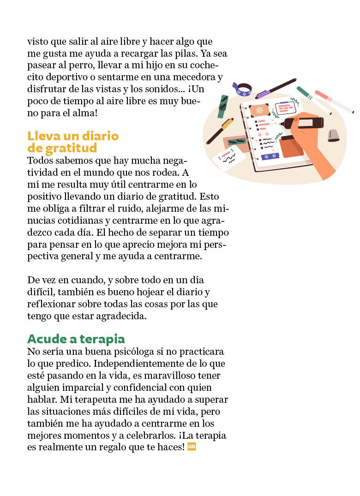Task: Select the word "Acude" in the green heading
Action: click(x=46, y=339)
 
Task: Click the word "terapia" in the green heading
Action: click(x=102, y=339)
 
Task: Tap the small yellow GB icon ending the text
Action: click(x=192, y=447)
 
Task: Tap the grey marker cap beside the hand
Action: click(x=333, y=135)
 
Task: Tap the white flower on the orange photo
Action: click(x=259, y=110)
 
